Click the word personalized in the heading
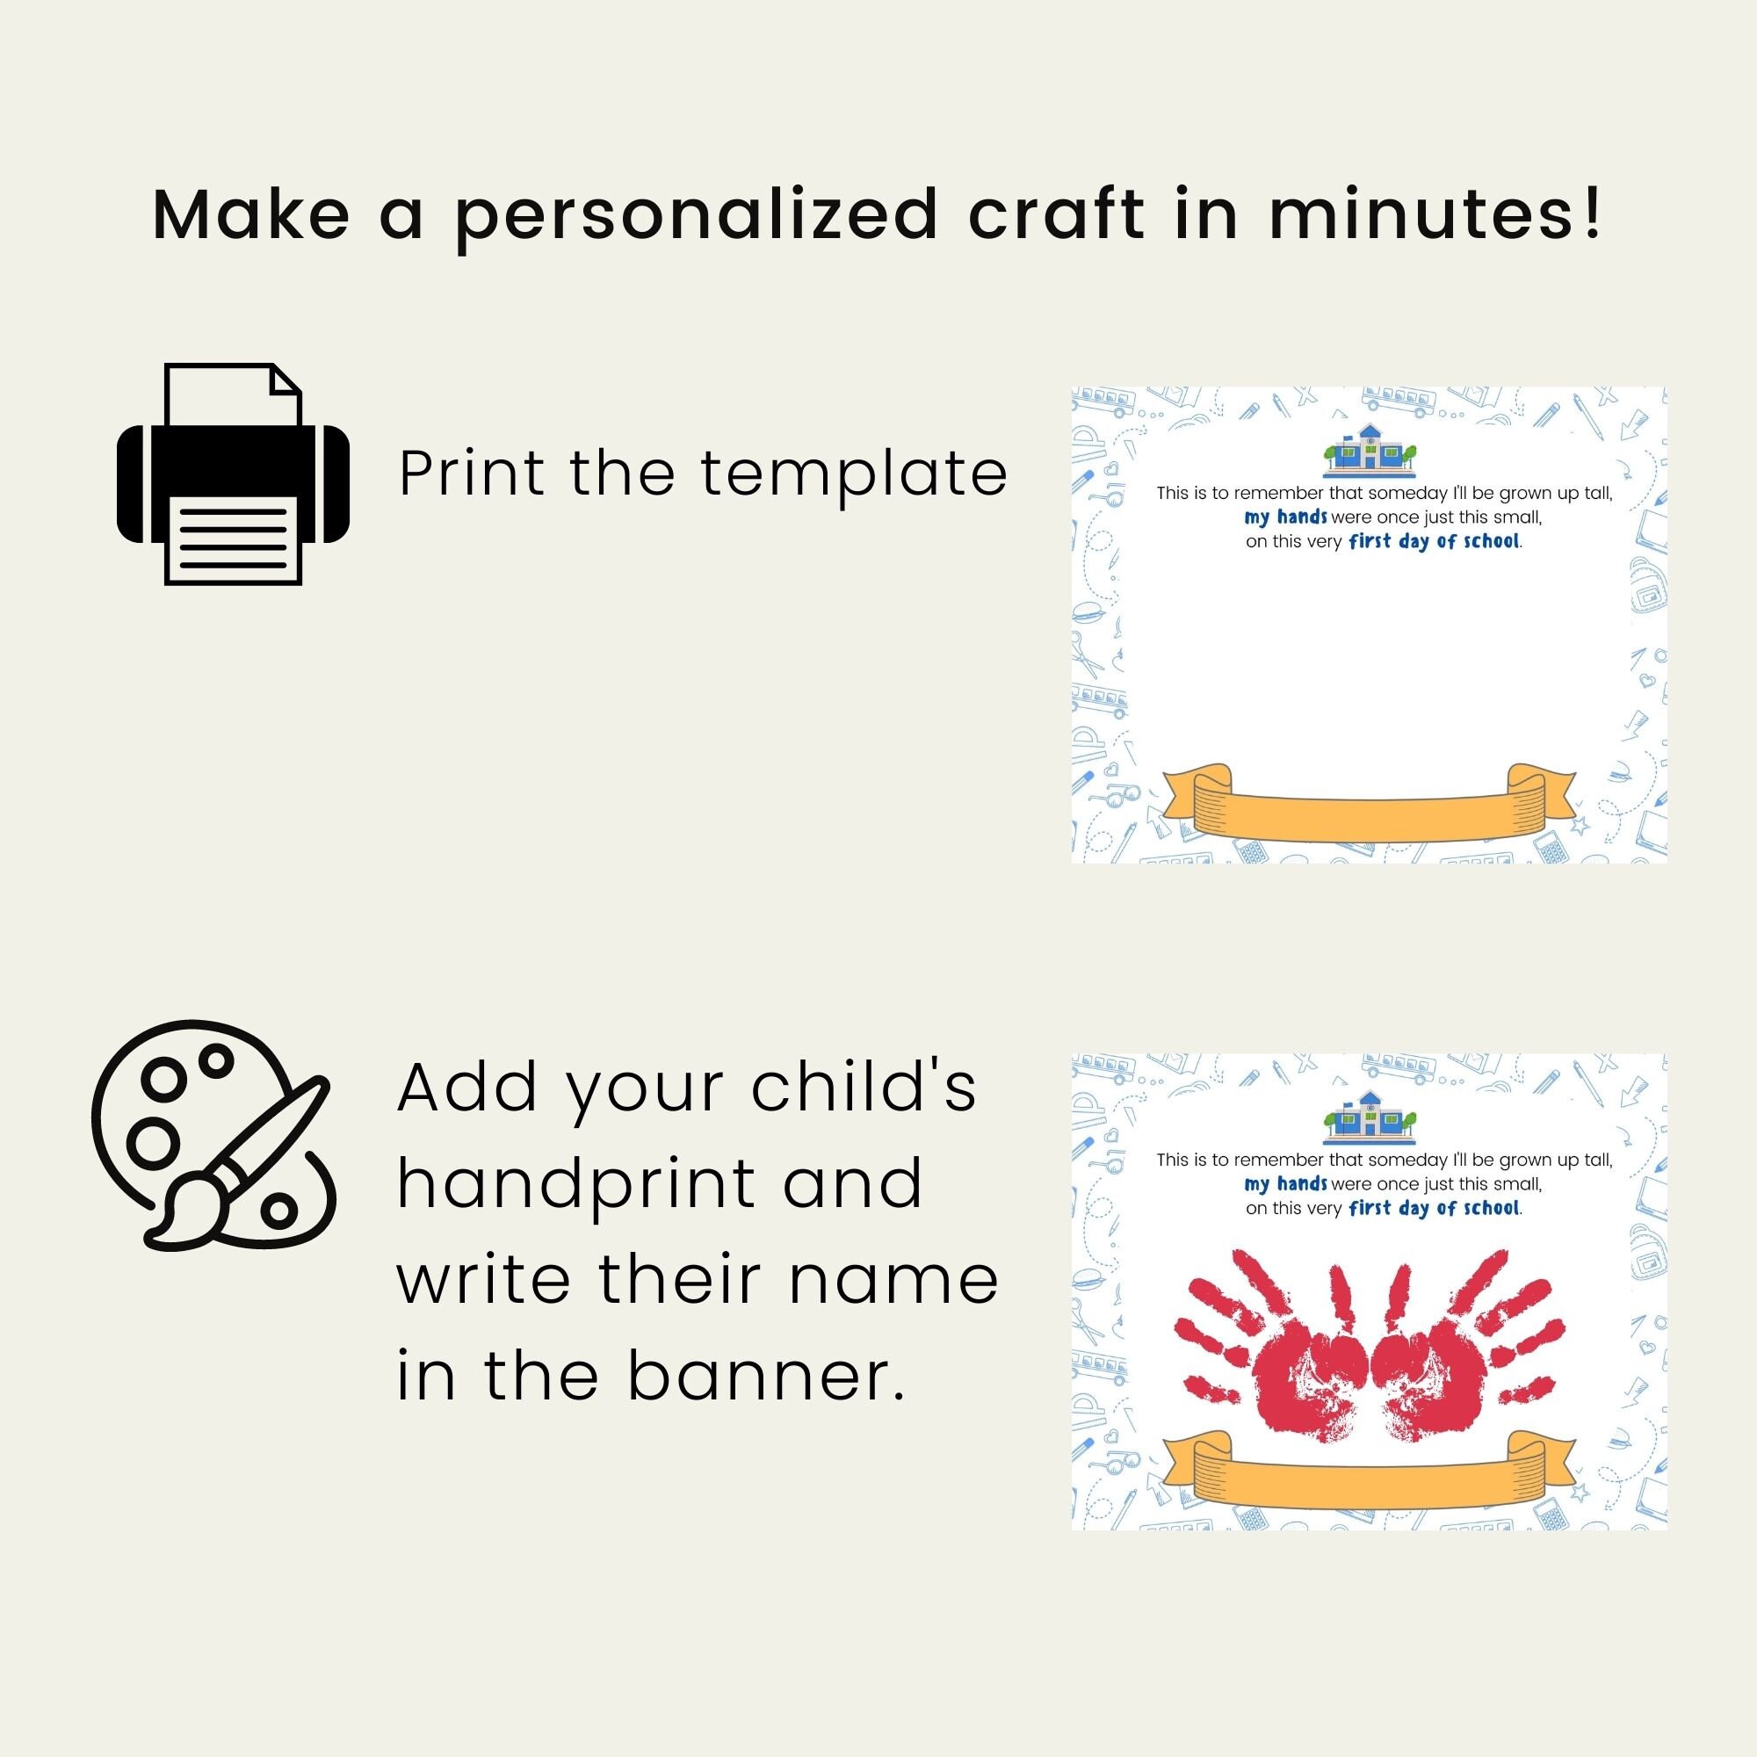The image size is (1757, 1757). (x=697, y=216)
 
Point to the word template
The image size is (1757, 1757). (x=854, y=474)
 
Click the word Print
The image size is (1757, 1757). (x=471, y=474)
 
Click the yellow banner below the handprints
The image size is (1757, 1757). (x=1370, y=1472)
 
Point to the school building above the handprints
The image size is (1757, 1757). (x=1370, y=1116)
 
